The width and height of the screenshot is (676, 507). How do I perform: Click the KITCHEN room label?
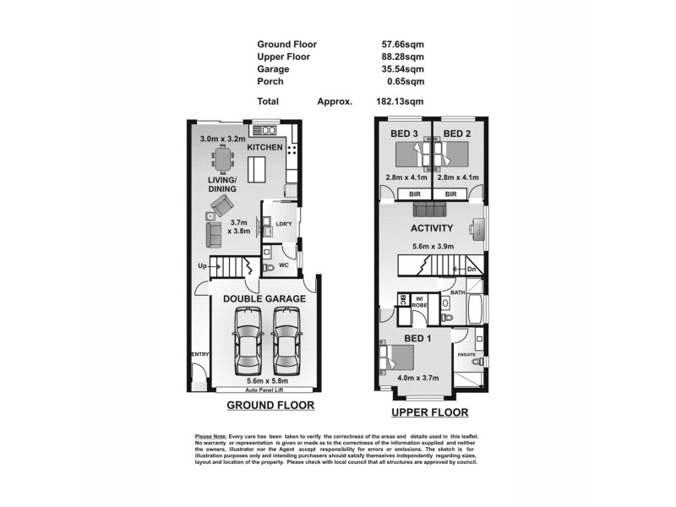[x=264, y=148]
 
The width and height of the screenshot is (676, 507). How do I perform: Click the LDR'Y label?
[x=283, y=224]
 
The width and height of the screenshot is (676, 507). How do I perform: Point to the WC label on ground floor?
[x=286, y=265]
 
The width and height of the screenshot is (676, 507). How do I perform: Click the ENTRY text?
[x=199, y=354]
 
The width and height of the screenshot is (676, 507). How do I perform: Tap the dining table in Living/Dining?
[x=224, y=157]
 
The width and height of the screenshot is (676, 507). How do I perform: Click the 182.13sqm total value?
[x=400, y=100]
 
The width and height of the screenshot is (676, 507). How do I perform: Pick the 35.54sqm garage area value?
[x=402, y=69]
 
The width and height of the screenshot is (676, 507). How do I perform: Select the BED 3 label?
[x=405, y=134]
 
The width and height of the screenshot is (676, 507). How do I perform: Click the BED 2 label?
[x=457, y=134]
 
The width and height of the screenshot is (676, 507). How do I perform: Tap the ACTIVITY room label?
[x=432, y=228]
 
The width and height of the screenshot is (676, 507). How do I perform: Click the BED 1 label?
[x=417, y=339]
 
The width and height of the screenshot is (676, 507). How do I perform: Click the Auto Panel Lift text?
[x=264, y=390]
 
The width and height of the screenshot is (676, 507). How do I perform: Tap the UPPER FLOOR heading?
[x=429, y=413]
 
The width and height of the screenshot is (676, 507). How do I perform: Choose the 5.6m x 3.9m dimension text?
[x=433, y=246]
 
